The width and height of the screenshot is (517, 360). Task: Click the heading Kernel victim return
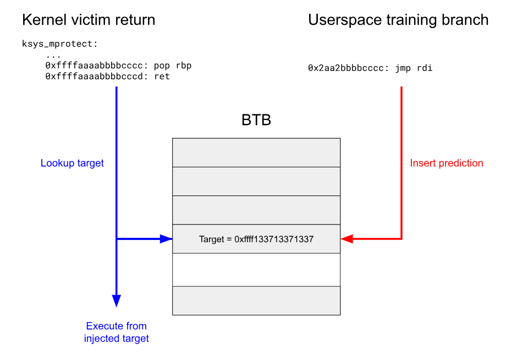point(88,20)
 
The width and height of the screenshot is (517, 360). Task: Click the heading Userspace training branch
point(398,20)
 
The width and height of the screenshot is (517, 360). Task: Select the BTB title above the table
point(256,120)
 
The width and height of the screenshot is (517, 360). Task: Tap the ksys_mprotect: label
point(59,43)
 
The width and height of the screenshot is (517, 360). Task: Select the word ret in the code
point(162,77)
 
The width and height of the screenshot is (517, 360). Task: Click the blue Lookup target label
point(72,163)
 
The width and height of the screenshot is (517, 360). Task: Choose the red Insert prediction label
point(447,163)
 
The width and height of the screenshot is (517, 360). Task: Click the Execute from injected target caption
point(116,332)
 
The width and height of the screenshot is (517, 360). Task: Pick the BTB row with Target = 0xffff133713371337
point(256,239)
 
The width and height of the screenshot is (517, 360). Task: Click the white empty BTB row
point(256,270)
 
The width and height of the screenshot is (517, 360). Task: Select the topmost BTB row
point(256,152)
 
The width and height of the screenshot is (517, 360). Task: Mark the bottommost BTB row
point(256,301)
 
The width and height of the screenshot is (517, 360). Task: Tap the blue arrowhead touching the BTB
point(166,239)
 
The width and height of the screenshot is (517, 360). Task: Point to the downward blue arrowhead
point(116,301)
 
